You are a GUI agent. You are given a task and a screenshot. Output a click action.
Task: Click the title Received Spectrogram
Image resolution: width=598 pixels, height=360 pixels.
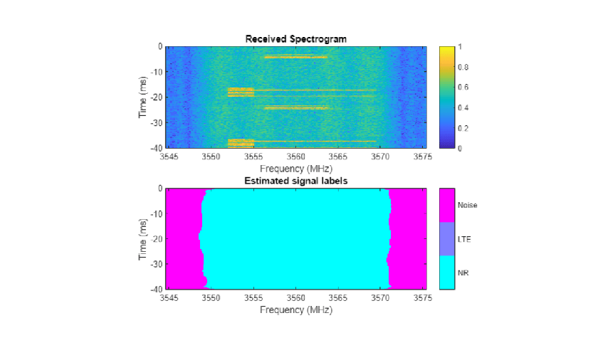295,39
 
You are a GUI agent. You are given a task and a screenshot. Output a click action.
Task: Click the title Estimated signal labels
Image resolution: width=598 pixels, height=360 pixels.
295,181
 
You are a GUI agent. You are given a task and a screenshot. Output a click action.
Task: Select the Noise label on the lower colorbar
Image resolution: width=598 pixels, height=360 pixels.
467,205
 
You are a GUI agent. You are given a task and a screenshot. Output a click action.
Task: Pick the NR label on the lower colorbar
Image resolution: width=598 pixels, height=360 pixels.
463,273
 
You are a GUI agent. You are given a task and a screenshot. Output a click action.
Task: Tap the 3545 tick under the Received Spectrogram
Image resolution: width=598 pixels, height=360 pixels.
169,155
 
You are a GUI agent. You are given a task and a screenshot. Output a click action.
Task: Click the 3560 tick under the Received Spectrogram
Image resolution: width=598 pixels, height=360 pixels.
295,155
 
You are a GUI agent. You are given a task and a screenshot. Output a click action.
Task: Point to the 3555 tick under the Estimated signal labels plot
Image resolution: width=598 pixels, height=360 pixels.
253,298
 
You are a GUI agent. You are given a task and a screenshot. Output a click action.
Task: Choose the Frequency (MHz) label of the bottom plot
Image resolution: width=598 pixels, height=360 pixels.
295,309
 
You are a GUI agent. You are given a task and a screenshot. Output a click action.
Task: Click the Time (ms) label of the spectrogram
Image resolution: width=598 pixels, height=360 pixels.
144,97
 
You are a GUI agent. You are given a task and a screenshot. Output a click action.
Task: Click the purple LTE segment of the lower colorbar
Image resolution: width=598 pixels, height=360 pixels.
447,239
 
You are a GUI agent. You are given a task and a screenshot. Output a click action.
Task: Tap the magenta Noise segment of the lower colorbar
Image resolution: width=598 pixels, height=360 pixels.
447,205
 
